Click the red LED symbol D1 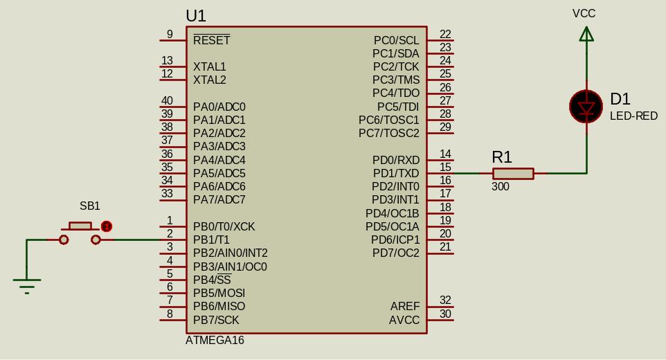point(586,107)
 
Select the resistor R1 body point(513,173)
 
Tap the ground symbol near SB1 point(27,284)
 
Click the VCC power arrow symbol point(586,34)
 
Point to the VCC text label point(584,13)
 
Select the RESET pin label point(211,40)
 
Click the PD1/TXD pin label point(396,173)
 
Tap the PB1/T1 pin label point(211,240)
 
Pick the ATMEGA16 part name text point(215,341)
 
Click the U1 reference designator point(196,15)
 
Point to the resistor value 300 point(501,187)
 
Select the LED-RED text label point(633,116)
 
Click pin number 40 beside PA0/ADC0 point(167,101)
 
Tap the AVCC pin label point(404,320)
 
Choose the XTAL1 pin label point(210,66)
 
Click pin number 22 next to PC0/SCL point(445,34)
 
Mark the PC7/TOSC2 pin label point(389,133)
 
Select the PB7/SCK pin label point(216,320)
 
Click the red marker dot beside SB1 point(107,226)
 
